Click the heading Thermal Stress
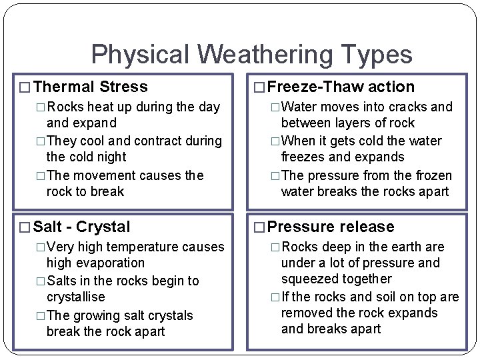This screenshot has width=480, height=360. tap(90, 87)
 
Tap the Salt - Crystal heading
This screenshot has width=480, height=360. tap(81, 227)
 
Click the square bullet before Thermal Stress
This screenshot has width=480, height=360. tap(25, 87)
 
